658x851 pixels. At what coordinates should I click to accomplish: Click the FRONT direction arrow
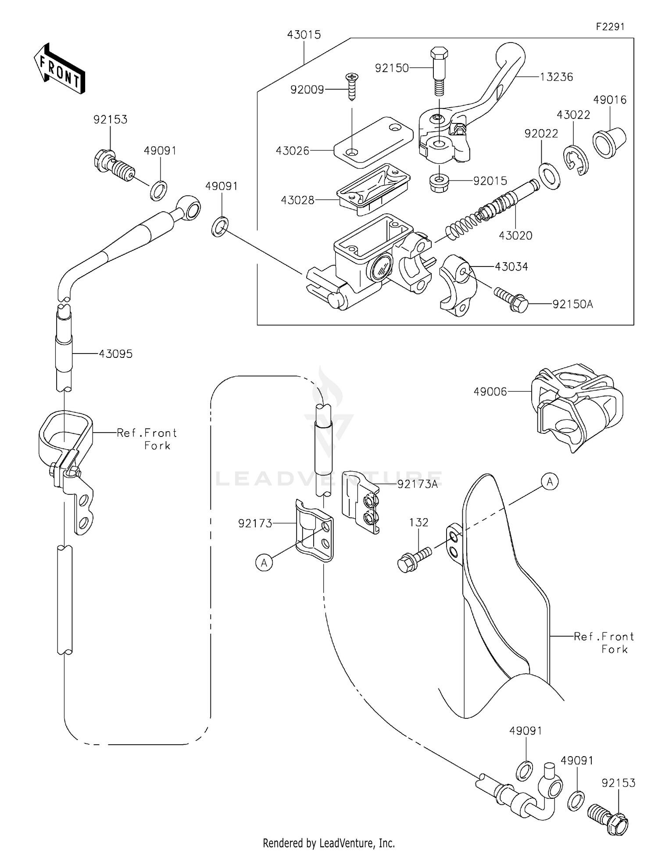click(x=59, y=69)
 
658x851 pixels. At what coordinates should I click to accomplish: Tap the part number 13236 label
click(x=556, y=77)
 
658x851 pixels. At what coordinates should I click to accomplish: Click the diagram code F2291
click(x=610, y=27)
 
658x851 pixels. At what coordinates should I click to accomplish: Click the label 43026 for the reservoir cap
click(x=293, y=151)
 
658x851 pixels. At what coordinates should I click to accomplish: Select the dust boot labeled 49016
click(x=609, y=141)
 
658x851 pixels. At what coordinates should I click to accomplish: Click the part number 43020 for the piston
click(x=515, y=236)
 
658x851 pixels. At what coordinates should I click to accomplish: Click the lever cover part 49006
click(x=577, y=406)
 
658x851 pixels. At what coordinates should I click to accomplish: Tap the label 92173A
click(x=417, y=484)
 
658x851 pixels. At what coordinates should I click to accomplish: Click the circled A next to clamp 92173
click(x=264, y=563)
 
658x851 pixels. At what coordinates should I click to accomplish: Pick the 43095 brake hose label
click(x=115, y=354)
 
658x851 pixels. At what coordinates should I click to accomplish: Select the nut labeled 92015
click(x=439, y=181)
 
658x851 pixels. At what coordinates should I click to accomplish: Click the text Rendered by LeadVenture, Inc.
click(x=329, y=843)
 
